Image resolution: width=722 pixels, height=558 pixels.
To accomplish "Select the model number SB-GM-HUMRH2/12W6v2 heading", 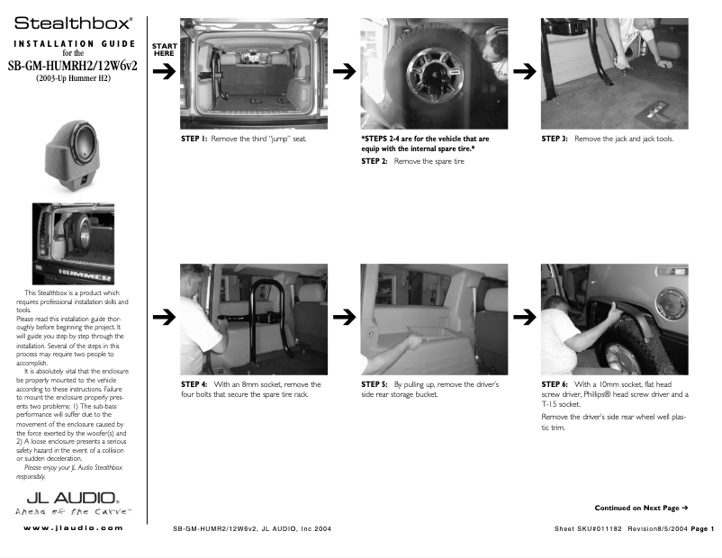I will pyautogui.click(x=72, y=65).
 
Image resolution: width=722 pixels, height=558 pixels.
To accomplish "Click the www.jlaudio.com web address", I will pyautogui.click(x=72, y=527).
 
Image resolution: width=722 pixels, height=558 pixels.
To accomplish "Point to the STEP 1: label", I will pyautogui.click(x=194, y=139).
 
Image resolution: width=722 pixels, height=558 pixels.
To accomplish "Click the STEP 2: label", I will pyautogui.click(x=375, y=161).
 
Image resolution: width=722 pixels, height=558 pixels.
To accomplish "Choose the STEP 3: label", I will pyautogui.click(x=555, y=139).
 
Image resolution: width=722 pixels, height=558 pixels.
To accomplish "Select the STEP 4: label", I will pyautogui.click(x=194, y=384).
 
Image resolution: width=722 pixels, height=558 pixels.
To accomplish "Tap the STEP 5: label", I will pyautogui.click(x=375, y=384).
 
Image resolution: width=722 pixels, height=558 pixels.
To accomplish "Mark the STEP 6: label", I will pyautogui.click(x=555, y=384).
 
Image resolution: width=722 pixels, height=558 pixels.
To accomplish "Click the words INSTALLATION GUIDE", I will pyautogui.click(x=73, y=43).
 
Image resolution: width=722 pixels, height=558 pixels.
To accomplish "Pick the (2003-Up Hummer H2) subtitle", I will pyautogui.click(x=73, y=79).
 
